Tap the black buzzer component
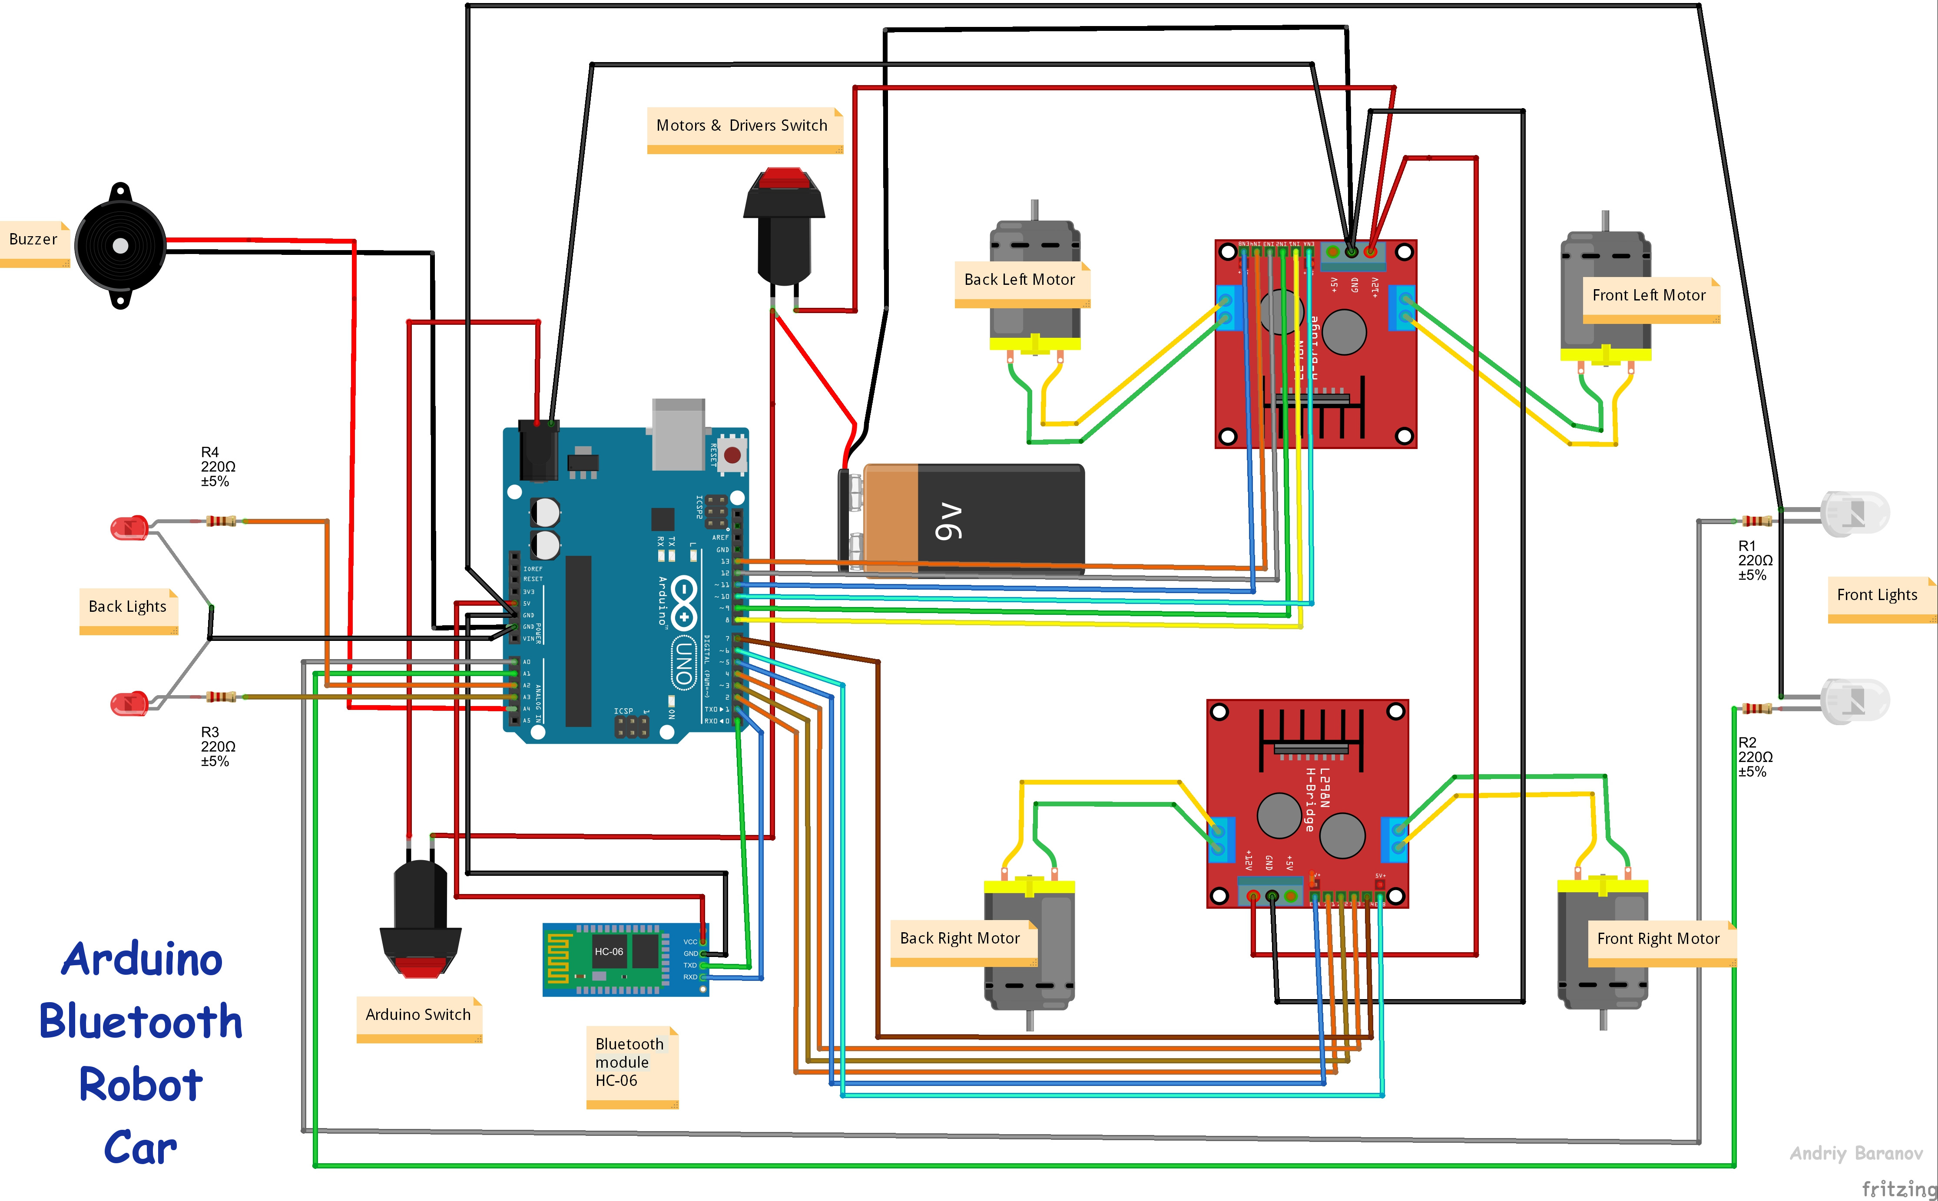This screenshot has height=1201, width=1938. click(120, 246)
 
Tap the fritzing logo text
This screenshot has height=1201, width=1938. click(1899, 1188)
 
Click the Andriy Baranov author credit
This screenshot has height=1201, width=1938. click(1856, 1153)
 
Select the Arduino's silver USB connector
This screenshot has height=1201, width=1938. click(678, 434)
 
